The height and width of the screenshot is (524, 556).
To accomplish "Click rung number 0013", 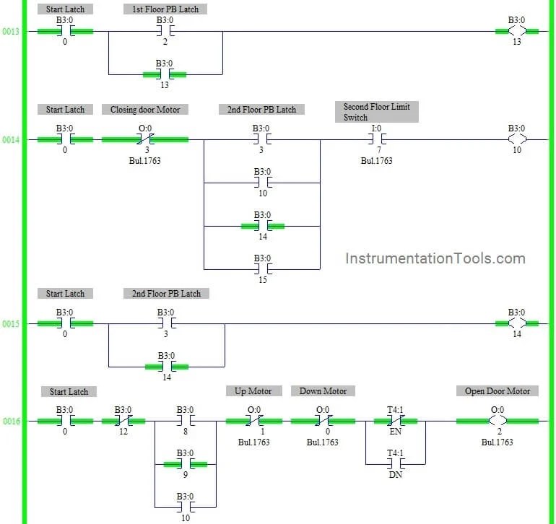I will (x=11, y=32).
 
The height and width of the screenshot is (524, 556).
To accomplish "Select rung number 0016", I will (x=11, y=422).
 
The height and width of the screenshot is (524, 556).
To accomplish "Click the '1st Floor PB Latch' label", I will (x=165, y=9).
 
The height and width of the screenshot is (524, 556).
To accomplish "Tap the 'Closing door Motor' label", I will (x=145, y=110).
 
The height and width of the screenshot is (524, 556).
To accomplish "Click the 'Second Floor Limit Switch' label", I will (x=376, y=112).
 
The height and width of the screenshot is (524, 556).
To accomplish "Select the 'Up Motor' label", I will (x=253, y=391).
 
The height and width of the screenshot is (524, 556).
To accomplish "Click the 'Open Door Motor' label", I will (x=497, y=391).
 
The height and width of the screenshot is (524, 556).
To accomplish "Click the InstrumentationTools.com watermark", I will (x=435, y=258).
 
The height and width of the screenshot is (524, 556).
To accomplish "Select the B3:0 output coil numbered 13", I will (x=517, y=31).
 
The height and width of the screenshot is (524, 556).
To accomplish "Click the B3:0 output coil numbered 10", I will (x=517, y=139).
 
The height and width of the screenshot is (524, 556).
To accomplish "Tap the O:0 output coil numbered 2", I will (x=498, y=421).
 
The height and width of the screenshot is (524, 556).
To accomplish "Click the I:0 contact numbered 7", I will (x=376, y=139).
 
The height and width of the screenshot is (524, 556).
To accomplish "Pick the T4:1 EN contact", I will (x=395, y=421).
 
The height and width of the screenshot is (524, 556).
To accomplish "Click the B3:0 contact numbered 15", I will (x=262, y=269).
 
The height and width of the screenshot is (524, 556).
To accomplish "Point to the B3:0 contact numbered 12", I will (x=123, y=421).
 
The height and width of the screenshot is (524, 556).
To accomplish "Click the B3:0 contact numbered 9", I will (x=186, y=464).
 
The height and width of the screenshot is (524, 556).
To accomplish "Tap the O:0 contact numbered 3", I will (x=145, y=139).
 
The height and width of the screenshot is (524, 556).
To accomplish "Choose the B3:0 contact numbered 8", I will (x=186, y=421).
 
